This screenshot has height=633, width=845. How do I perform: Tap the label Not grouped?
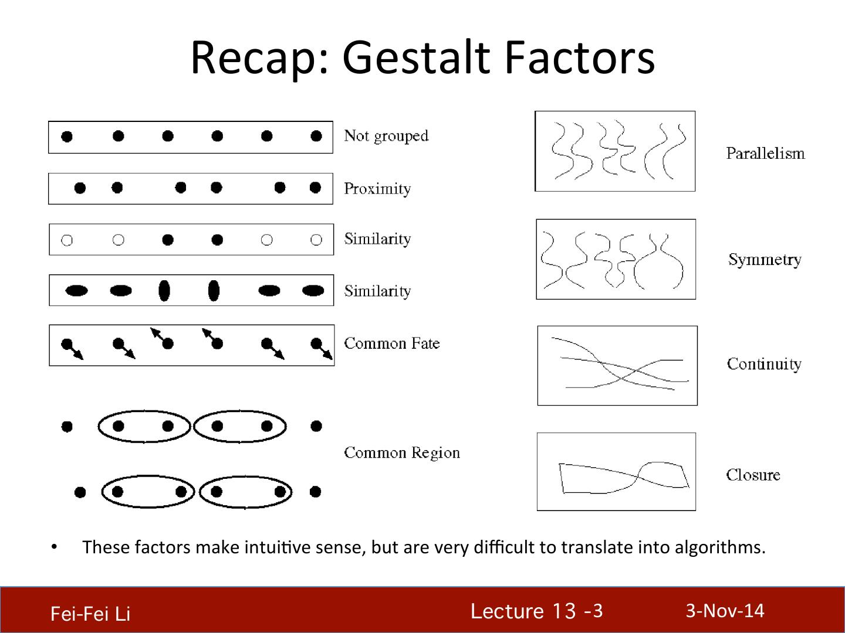[x=386, y=136]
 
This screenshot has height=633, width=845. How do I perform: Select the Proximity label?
[x=377, y=189]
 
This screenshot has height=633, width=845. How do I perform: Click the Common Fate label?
[x=391, y=343]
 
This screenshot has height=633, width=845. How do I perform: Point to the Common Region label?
[x=402, y=453]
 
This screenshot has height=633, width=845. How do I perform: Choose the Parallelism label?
[x=765, y=154]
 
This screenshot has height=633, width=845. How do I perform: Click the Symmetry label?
[x=765, y=260]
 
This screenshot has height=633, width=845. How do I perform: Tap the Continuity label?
[x=764, y=364]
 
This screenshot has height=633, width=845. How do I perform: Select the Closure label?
[x=753, y=475]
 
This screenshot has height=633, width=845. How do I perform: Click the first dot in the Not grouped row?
[x=67, y=137]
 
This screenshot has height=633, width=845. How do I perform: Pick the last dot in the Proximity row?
[x=315, y=188]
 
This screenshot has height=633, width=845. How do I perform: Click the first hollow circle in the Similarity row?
[x=67, y=240]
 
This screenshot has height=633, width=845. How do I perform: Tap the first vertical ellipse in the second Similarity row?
[x=164, y=290]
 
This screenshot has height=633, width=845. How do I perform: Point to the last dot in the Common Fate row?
[x=317, y=343]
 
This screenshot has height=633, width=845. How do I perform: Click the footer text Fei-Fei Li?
[x=90, y=614]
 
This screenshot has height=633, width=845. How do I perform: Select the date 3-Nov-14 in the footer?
[x=725, y=611]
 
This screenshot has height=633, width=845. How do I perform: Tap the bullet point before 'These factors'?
[x=54, y=547]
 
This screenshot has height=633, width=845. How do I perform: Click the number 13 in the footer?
[x=563, y=611]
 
